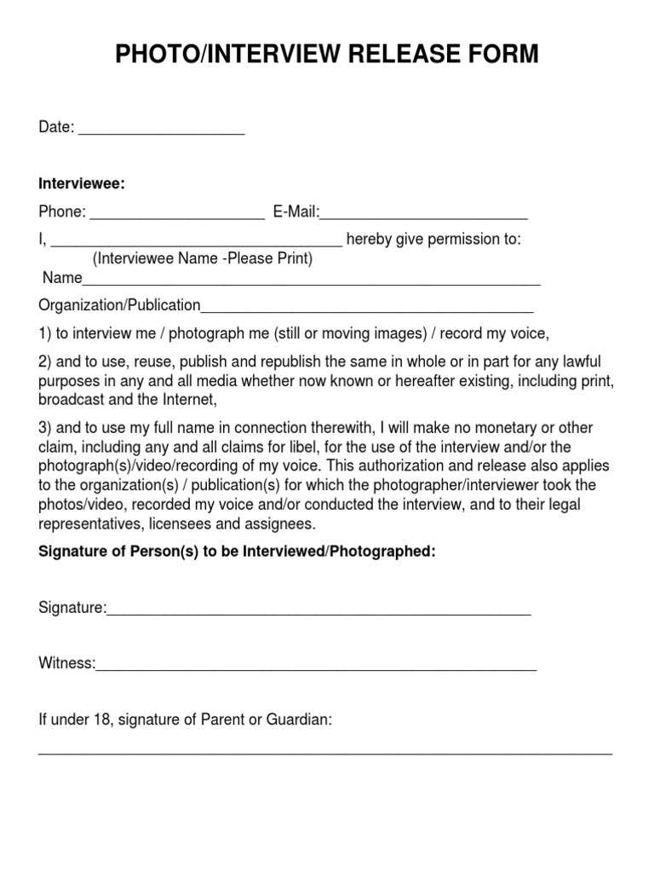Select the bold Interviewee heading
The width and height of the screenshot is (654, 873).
coord(82,184)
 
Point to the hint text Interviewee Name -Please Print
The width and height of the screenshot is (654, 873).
coord(203,258)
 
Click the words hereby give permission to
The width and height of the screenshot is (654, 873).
coord(433,240)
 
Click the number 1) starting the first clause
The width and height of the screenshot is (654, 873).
coord(46,332)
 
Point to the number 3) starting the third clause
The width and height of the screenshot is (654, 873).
coord(46,428)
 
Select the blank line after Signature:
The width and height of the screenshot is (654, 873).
coord(318,610)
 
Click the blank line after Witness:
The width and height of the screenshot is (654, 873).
coord(316,667)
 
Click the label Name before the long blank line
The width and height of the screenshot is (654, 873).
coord(61,279)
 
